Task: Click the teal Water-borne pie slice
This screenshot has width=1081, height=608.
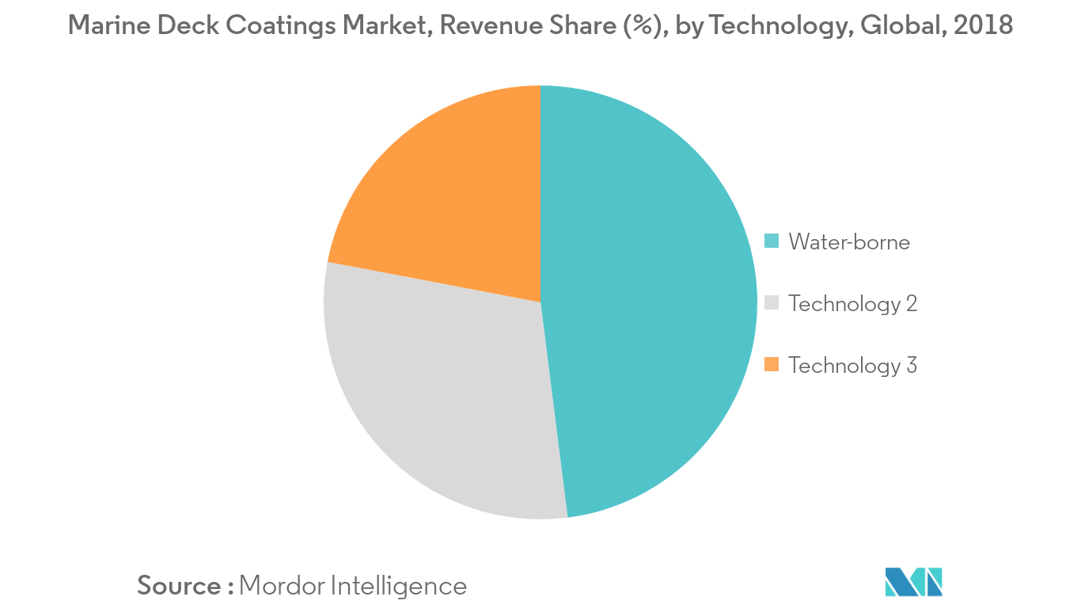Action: pyautogui.click(x=649, y=301)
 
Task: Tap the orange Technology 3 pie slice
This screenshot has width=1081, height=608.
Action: pyautogui.click(x=451, y=198)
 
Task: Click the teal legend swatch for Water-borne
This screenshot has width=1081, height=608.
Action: pyautogui.click(x=772, y=241)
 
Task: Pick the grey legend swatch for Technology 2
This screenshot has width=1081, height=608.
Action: pyautogui.click(x=772, y=302)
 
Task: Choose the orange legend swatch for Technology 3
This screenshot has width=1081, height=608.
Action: pyautogui.click(x=772, y=364)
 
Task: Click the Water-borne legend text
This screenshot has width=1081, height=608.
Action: pyautogui.click(x=849, y=241)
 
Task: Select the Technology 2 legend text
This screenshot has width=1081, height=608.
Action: pyautogui.click(x=852, y=303)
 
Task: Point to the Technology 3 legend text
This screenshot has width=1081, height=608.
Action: pyautogui.click(x=852, y=365)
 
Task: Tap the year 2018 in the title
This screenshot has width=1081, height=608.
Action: pyautogui.click(x=983, y=25)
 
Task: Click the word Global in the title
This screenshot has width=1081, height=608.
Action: pyautogui.click(x=901, y=25)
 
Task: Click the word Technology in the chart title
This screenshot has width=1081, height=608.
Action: pyautogui.click(x=779, y=25)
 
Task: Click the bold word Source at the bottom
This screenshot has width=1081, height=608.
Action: pyautogui.click(x=180, y=586)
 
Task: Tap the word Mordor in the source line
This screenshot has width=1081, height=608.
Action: pyautogui.click(x=281, y=586)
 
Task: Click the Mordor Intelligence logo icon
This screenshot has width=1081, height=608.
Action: pyautogui.click(x=914, y=582)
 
